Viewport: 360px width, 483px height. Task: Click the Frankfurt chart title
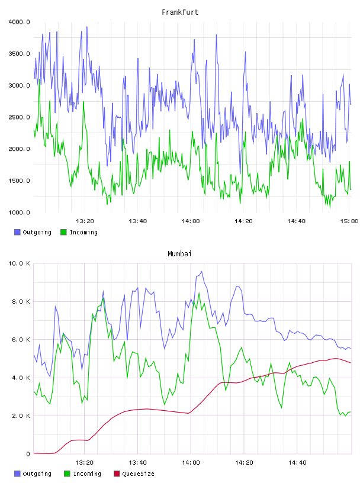180,12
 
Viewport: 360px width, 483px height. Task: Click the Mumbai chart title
179,254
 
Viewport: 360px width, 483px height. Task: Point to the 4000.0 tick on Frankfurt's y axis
19,22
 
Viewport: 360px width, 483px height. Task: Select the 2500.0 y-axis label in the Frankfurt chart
19,117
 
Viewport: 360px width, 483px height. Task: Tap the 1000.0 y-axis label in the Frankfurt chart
19,212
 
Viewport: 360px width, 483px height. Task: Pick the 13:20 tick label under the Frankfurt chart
85,221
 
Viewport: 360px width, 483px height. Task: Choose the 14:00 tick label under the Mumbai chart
191,462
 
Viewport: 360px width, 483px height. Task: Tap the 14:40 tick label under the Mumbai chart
297,462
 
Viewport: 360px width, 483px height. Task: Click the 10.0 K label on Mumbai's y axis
19,263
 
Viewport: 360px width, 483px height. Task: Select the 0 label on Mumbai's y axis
28,454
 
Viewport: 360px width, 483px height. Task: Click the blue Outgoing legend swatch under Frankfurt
17,232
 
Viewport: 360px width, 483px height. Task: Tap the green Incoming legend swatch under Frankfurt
63,232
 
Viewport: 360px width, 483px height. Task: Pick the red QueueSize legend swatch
117,474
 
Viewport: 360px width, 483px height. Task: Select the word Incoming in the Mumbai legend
87,474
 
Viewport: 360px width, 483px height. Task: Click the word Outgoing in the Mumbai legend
37,474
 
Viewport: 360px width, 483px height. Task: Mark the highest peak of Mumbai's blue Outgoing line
201,271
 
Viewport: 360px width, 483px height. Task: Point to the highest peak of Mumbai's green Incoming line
199,293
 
